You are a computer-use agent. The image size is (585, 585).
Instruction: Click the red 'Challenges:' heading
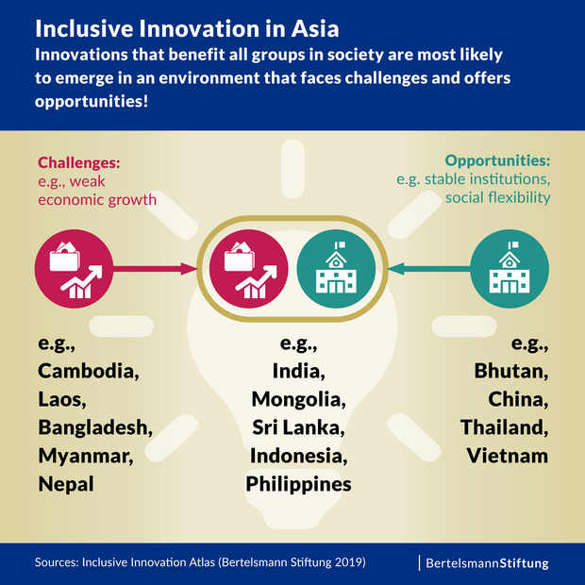[x=79, y=161]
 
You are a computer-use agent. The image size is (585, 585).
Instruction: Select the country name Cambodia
[x=89, y=370]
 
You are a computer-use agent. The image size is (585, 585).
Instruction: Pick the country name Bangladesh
[x=95, y=426]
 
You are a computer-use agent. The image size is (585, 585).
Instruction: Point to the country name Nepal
[x=65, y=484]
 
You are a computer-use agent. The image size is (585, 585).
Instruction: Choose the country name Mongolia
[x=298, y=398]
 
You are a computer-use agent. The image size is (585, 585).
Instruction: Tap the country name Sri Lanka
[x=298, y=426]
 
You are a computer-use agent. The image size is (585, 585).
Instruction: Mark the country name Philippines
[x=298, y=484]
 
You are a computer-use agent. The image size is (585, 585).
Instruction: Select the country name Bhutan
[x=510, y=370]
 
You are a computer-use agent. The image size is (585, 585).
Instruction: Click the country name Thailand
[x=505, y=426]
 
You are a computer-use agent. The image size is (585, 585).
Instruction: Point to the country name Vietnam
[x=507, y=456]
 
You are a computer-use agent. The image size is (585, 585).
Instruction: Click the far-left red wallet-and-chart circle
[x=73, y=269]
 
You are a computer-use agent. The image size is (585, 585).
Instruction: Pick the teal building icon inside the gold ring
[x=335, y=269]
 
